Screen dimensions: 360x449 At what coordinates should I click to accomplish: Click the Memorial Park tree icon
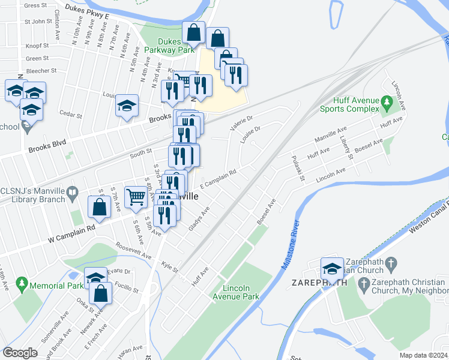22,281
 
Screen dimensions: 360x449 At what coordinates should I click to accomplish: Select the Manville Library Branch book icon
73,193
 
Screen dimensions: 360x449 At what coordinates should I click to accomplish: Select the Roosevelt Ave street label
133,251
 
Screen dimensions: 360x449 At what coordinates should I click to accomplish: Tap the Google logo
20,353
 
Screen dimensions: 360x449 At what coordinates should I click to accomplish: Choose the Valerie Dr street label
242,123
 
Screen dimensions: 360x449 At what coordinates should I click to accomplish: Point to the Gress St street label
35,5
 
